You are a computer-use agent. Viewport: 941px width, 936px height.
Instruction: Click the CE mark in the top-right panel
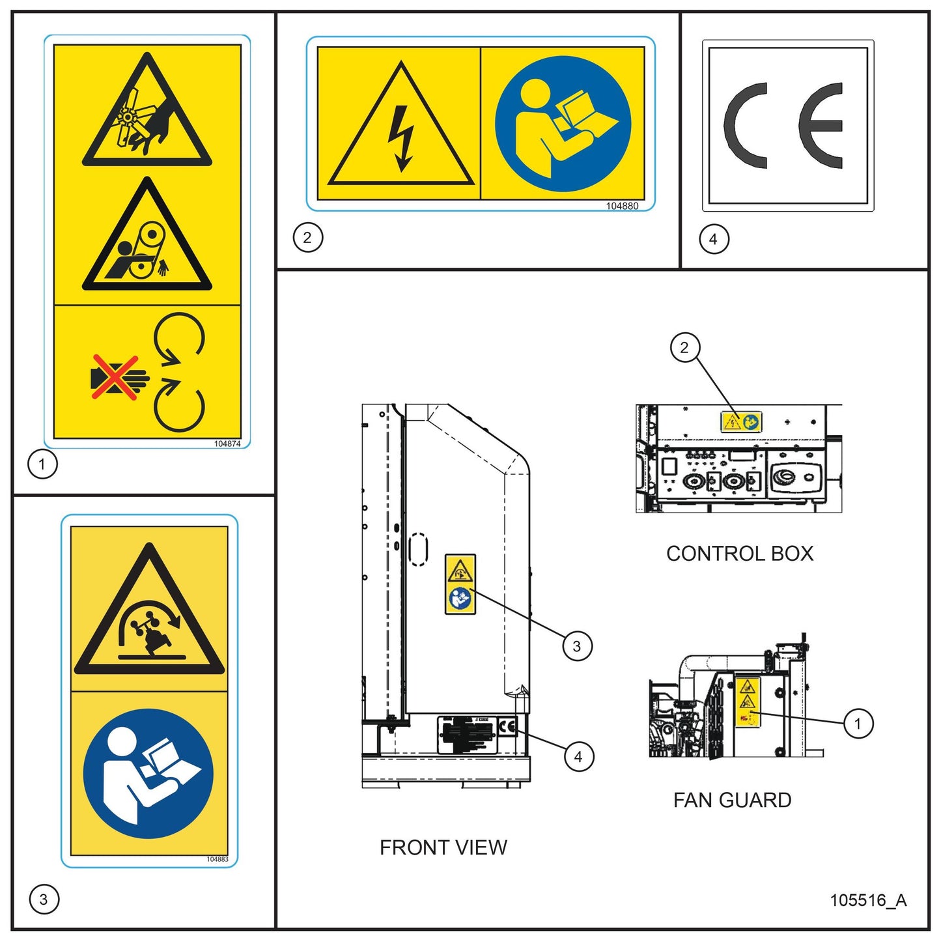click(x=787, y=126)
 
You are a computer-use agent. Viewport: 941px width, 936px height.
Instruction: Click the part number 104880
click(x=622, y=206)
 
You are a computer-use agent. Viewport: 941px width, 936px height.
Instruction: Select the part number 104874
click(x=227, y=444)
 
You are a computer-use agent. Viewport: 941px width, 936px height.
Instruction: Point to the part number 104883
click(x=218, y=859)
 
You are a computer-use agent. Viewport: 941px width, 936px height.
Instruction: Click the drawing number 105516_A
click(x=867, y=900)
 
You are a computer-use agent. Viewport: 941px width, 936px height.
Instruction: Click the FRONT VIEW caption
click(x=443, y=847)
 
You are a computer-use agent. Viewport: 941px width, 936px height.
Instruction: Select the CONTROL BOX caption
click(x=740, y=554)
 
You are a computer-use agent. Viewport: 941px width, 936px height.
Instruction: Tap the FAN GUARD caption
click(x=732, y=800)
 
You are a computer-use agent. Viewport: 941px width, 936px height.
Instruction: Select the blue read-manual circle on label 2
click(x=563, y=124)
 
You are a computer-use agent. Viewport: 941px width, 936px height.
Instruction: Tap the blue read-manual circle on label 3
click(x=148, y=773)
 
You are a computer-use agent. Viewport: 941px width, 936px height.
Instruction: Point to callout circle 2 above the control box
click(x=684, y=348)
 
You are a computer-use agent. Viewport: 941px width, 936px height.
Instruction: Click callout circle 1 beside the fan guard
click(x=858, y=724)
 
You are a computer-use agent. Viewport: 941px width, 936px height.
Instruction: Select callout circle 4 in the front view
click(x=578, y=757)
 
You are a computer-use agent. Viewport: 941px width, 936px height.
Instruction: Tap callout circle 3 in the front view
click(x=576, y=646)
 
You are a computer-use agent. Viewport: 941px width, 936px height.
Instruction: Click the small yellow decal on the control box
click(x=741, y=422)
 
